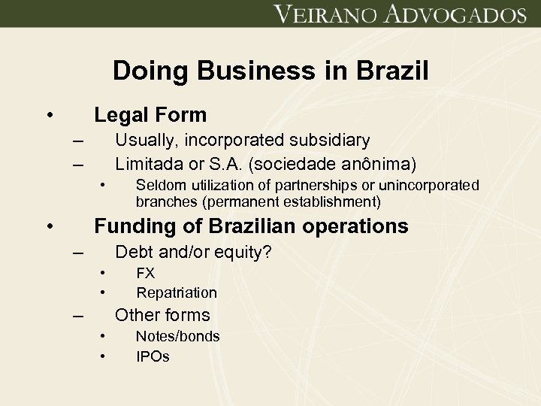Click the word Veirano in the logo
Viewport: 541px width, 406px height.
pos(322,15)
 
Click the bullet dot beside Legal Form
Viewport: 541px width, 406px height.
pos(49,116)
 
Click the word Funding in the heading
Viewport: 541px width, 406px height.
pos(131,226)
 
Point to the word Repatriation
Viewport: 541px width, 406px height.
pos(177,292)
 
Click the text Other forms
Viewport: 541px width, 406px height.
pos(162,315)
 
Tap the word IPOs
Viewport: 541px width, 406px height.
pos(153,356)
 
